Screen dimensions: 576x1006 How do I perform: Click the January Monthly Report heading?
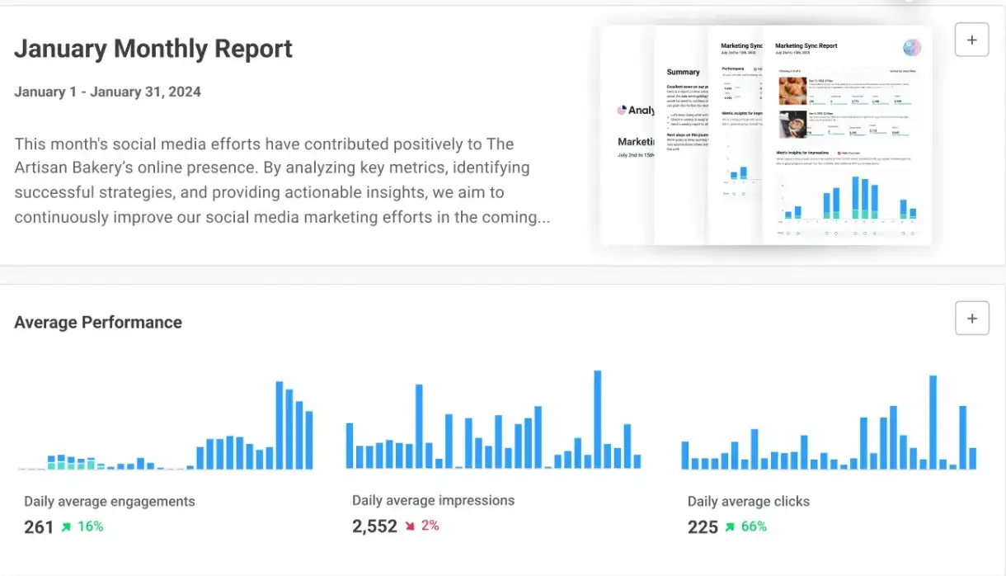pos(153,49)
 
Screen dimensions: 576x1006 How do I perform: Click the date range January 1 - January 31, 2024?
pos(107,92)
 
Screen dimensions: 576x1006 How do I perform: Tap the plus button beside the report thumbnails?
pos(971,40)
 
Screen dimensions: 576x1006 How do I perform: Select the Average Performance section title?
pos(98,323)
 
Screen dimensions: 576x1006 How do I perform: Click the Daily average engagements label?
pos(110,501)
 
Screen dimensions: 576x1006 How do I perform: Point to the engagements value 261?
pos(39,526)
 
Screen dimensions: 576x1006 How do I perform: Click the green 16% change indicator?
pos(82,526)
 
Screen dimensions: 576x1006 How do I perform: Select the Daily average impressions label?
pos(433,500)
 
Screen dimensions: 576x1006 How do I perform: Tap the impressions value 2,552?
pos(374,526)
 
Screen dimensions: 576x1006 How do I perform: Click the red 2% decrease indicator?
pos(421,526)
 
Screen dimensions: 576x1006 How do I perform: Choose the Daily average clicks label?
pos(749,501)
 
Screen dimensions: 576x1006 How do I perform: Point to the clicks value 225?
pos(703,526)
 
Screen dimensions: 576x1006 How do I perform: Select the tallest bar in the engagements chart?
pos(280,425)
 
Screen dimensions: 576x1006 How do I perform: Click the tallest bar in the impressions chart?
pos(598,419)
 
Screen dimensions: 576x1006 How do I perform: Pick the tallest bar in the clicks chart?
pos(933,422)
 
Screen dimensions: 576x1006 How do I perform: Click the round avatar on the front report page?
pos(912,48)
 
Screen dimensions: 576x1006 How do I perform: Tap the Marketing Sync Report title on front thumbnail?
pos(806,46)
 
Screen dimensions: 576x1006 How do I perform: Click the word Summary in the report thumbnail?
pos(683,72)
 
